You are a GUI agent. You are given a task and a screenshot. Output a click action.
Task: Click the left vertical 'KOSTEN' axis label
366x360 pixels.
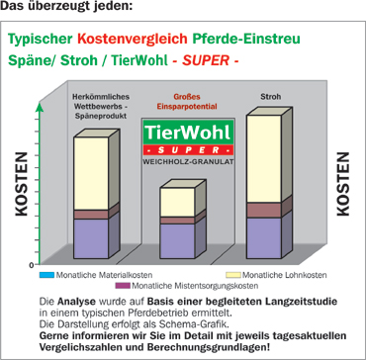[21, 182]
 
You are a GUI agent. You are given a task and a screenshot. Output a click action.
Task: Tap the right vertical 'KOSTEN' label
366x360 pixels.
[343, 182]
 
